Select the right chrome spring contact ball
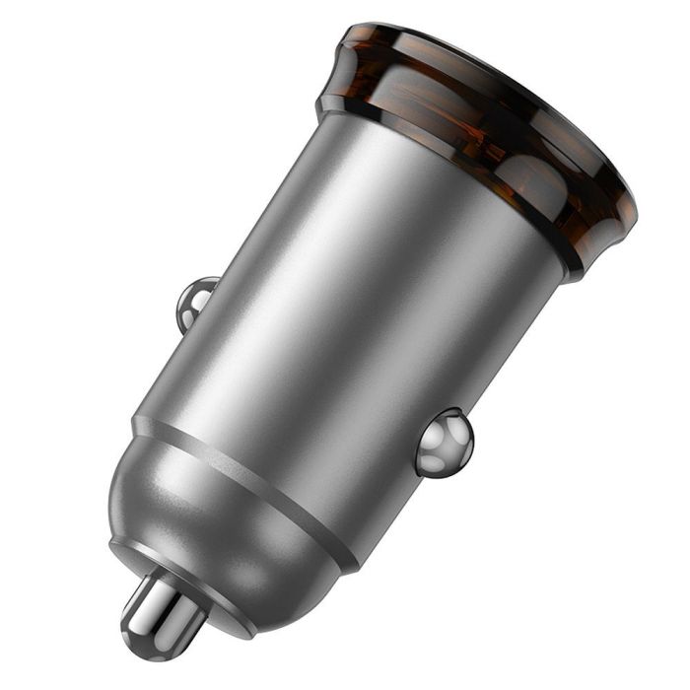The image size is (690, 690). (443, 443)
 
